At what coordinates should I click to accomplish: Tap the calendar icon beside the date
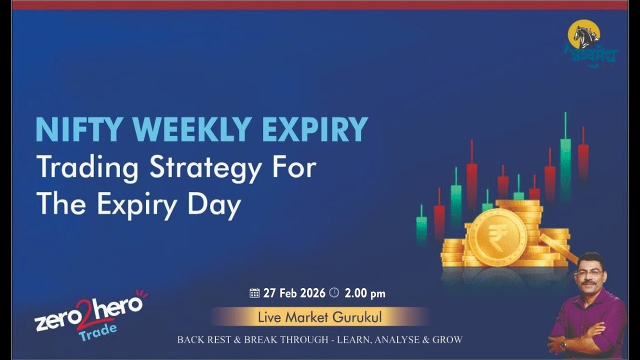254,293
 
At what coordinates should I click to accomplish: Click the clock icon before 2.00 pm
334,293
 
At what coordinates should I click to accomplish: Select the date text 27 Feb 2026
294,293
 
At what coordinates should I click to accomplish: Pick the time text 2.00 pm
365,293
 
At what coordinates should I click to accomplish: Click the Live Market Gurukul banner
319,317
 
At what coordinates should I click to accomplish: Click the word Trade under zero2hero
98,331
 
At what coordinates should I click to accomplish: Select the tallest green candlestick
565,155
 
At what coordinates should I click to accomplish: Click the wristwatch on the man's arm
563,344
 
